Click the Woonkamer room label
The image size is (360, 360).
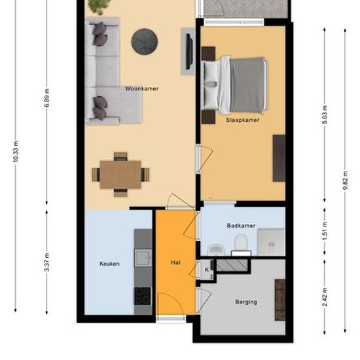click(141, 88)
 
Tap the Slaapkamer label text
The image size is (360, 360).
click(242, 120)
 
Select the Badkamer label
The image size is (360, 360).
click(241, 226)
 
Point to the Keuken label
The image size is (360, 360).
click(109, 264)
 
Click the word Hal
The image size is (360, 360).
click(175, 262)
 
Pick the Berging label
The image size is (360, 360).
click(246, 302)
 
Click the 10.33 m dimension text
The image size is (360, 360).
click(16, 152)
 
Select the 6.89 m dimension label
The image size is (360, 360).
click(47, 98)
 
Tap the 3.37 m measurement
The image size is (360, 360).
click(47, 262)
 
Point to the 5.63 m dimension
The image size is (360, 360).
click(325, 115)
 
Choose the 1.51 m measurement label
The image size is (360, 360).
click(325, 231)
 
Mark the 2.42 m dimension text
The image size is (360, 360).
click(325, 297)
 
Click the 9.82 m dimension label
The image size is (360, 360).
click(345, 181)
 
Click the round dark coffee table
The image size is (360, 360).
click(145, 41)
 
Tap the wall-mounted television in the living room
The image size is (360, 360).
click(189, 52)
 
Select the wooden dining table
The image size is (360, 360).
click(120, 175)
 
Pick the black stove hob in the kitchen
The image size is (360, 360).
click(143, 296)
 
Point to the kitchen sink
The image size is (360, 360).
click(143, 258)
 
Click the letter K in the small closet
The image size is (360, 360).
click(207, 270)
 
